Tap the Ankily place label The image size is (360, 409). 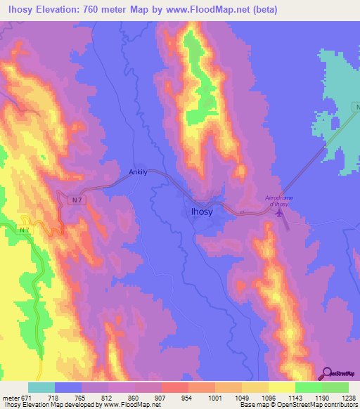(x=139, y=171)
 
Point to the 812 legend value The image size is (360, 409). (x=106, y=397)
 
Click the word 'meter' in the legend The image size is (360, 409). (x=9, y=397)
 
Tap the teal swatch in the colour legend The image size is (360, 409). (x=42, y=387)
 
